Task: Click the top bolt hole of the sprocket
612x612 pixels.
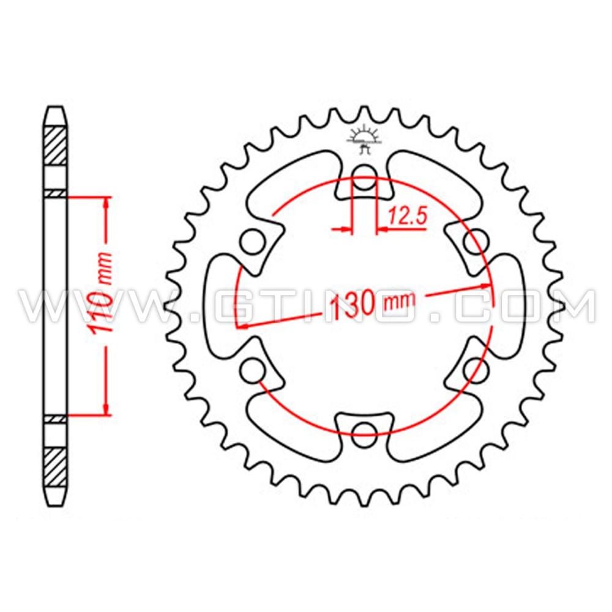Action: pos(365,173)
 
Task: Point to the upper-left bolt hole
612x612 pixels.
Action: pos(251,242)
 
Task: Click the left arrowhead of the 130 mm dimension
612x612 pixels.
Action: pos(242,326)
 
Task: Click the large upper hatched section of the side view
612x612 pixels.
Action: pos(56,145)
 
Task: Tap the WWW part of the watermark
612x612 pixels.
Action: pos(92,306)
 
